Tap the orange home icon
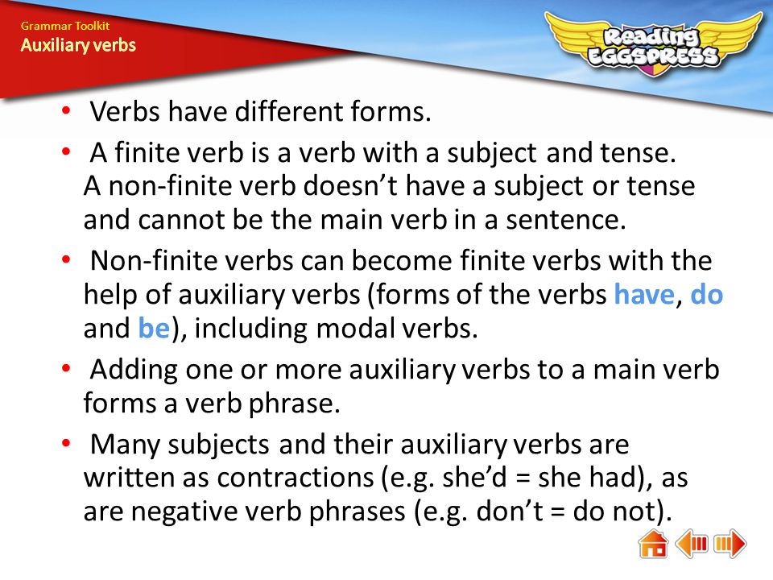pos(653,544)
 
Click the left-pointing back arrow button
pos(692,544)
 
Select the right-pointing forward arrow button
pos(730,544)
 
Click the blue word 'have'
pos(644,295)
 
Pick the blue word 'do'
pos(706,295)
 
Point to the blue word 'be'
pos(154,329)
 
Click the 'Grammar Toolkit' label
pos(65,26)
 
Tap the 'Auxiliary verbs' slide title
pos(78,45)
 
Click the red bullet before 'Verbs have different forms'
pos(66,110)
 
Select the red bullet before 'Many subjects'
pos(66,442)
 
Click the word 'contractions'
pos(296,478)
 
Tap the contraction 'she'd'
pos(474,478)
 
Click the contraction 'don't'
pos(509,512)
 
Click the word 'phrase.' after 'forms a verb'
pos(295,404)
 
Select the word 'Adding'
pos(134,371)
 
